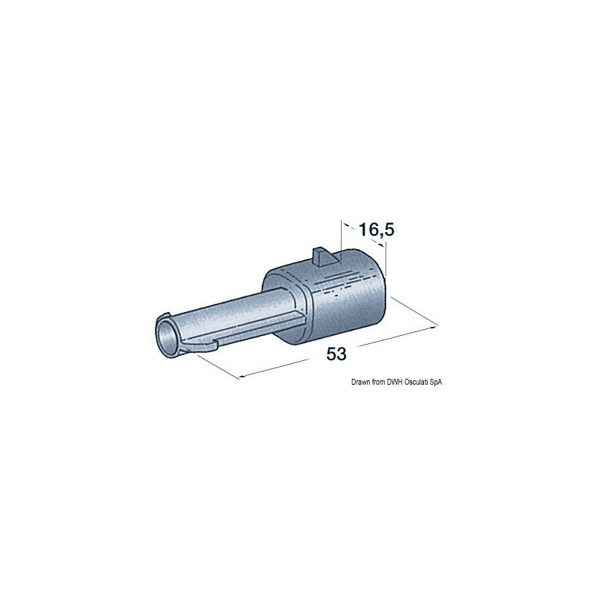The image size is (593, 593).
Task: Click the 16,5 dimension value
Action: coord(376,230)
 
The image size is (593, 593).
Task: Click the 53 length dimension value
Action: coord(337,354)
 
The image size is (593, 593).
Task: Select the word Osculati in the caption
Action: coord(416,382)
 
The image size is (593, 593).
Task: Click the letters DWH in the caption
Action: coord(394,382)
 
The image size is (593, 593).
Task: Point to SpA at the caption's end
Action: coord(435,382)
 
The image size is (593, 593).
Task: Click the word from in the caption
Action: coord(378,382)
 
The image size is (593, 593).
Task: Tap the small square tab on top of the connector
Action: coord(322,256)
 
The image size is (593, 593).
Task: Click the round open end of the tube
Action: coord(167,336)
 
